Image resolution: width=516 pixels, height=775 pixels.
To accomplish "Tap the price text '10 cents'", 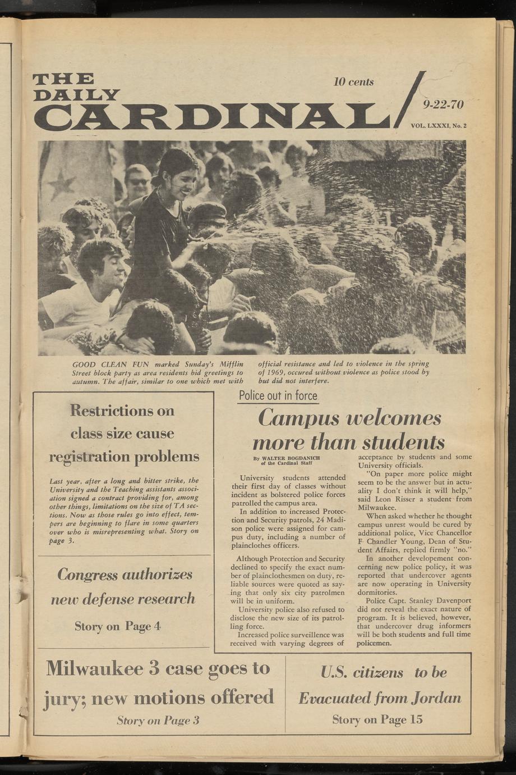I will pyautogui.click(x=353, y=82).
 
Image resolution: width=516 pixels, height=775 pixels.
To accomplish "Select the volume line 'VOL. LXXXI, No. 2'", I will pyautogui.click(x=439, y=126).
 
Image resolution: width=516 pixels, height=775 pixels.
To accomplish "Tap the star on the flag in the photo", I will pyautogui.click(x=62, y=184).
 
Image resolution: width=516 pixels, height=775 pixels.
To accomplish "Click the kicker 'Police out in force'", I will pyautogui.click(x=278, y=395).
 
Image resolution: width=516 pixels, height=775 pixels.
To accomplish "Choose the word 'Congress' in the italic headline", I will pyautogui.click(x=87, y=575).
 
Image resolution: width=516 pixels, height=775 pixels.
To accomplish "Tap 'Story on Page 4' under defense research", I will pyautogui.click(x=118, y=626).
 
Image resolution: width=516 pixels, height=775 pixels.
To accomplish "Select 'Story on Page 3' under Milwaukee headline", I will pyautogui.click(x=158, y=721).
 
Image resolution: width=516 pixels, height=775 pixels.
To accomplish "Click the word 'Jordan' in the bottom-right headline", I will pyautogui.click(x=436, y=698).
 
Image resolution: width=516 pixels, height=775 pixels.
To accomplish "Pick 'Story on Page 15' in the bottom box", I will pyautogui.click(x=377, y=719).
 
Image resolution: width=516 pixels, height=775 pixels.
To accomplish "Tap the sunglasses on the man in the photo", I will pyautogui.click(x=139, y=181).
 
